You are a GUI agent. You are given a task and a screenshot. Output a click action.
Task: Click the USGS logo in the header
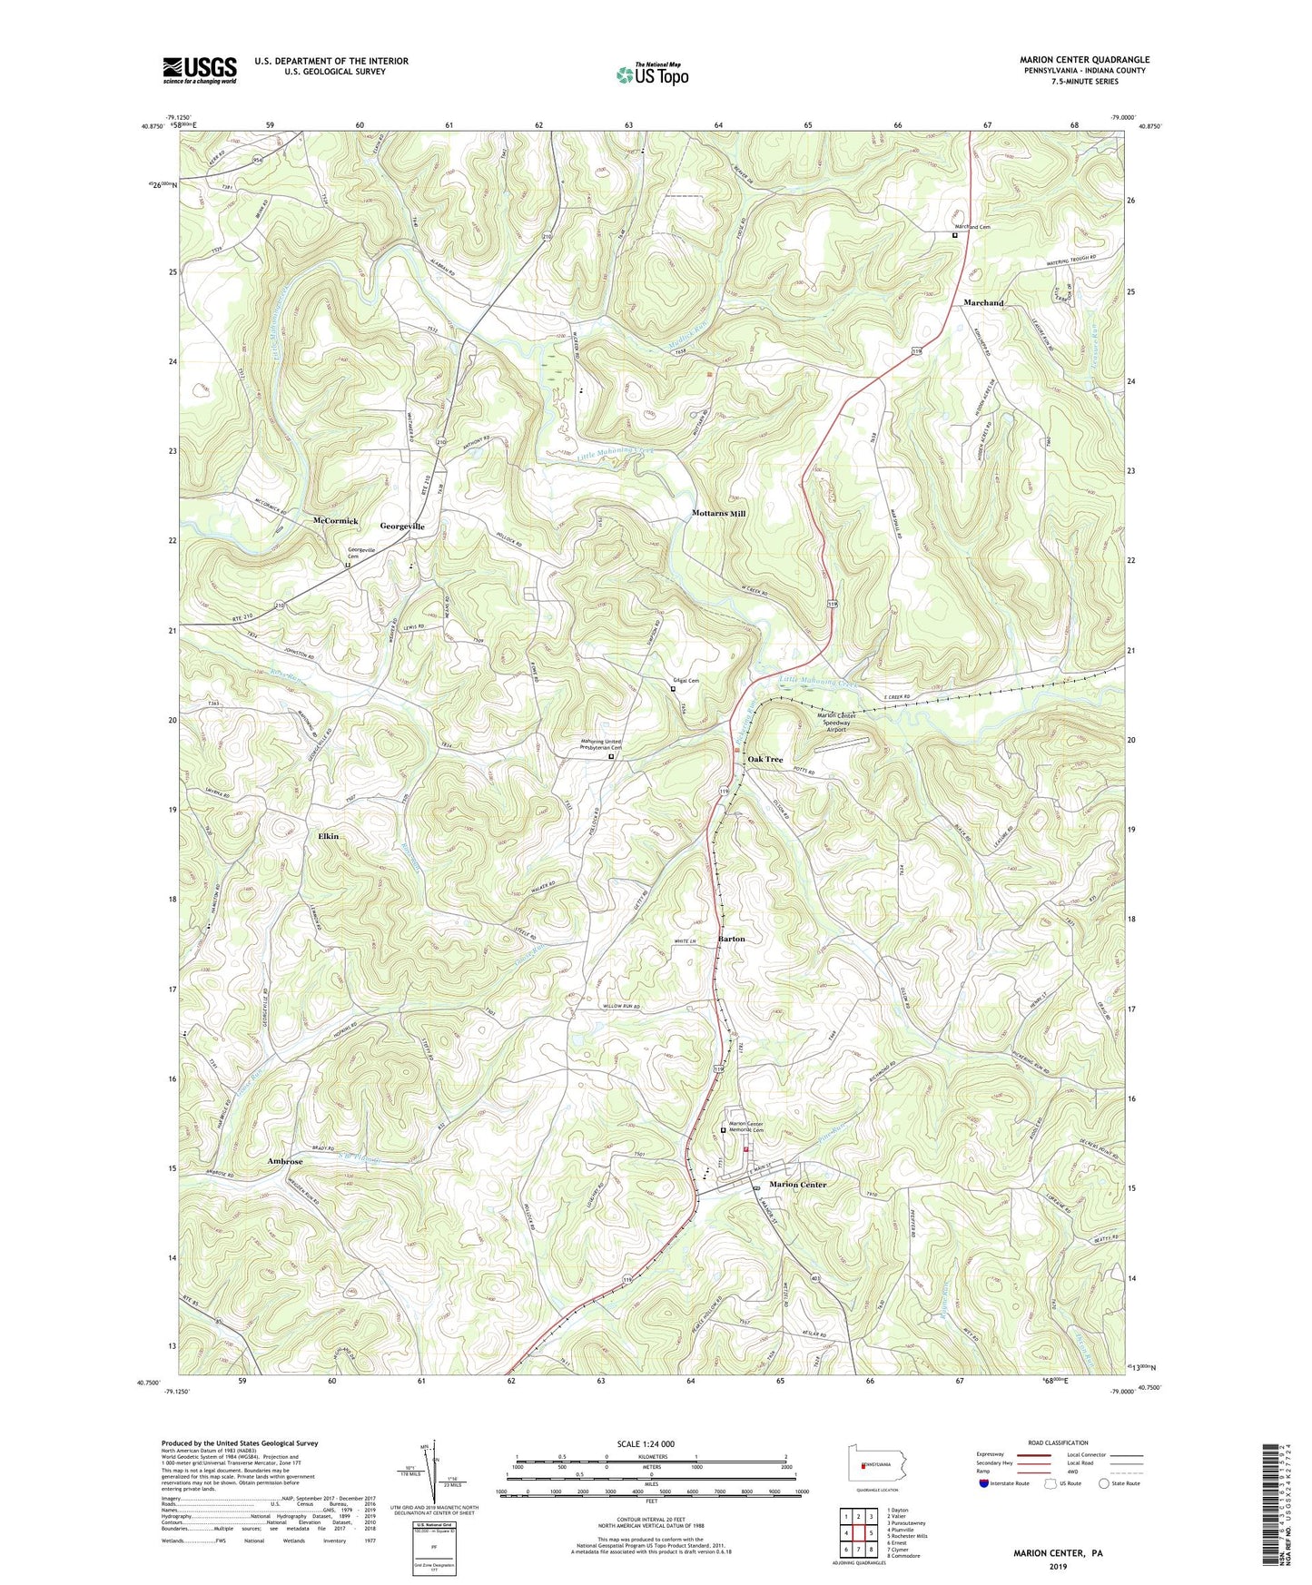(200, 70)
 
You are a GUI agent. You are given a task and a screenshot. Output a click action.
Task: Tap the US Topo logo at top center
(651, 74)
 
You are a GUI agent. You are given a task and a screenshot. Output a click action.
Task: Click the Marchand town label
(983, 302)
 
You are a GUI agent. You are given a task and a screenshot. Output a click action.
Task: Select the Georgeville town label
(402, 527)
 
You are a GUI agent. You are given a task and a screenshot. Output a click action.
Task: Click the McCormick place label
(335, 521)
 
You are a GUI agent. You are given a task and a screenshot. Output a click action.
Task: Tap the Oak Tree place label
(765, 759)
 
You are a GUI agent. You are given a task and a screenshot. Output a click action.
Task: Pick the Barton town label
(731, 939)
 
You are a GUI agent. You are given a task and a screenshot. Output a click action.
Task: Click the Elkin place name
(328, 836)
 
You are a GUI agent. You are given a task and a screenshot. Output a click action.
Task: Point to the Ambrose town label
(284, 1161)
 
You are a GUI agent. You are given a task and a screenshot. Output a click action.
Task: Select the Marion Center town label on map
(798, 1185)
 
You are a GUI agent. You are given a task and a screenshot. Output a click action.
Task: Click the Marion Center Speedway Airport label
(836, 723)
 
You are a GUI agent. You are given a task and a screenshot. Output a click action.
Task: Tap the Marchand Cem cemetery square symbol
(954, 235)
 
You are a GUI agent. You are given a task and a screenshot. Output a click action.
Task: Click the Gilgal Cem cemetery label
(686, 681)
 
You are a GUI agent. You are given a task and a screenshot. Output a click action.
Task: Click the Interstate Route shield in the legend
(983, 1483)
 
